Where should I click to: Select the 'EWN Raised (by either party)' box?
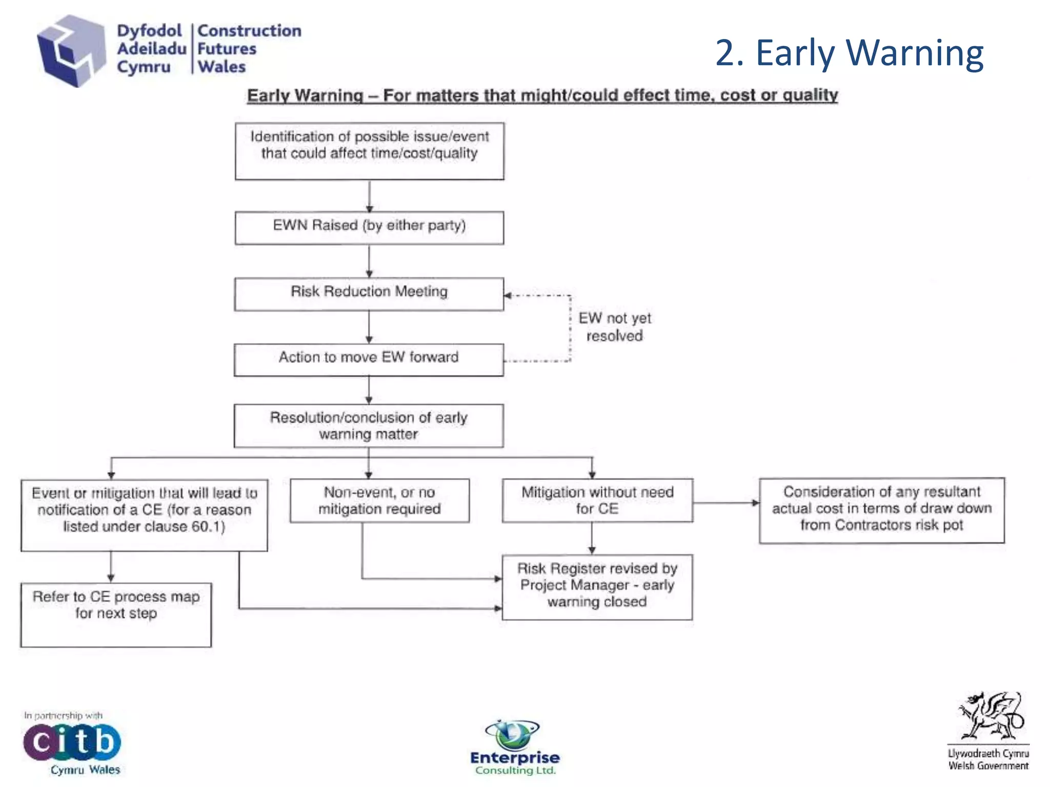pyautogui.click(x=369, y=227)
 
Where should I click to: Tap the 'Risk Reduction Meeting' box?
pyautogui.click(x=369, y=294)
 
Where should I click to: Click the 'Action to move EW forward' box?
pyautogui.click(x=369, y=359)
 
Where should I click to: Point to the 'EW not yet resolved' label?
pyautogui.click(x=614, y=327)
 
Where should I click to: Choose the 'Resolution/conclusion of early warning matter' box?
pyautogui.click(x=369, y=426)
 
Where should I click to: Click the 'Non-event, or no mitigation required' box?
pyautogui.click(x=379, y=501)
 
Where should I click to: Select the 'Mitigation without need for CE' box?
pyautogui.click(x=597, y=501)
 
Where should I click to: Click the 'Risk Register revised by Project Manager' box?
pyautogui.click(x=597, y=587)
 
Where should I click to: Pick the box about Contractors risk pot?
pyautogui.click(x=882, y=510)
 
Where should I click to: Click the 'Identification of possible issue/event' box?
pyautogui.click(x=369, y=151)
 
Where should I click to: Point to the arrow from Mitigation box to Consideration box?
pyautogui.click(x=725, y=503)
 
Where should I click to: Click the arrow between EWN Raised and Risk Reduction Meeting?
pyautogui.click(x=369, y=261)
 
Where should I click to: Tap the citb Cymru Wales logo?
pyautogui.click(x=72, y=744)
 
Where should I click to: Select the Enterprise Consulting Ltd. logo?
pyautogui.click(x=515, y=748)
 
